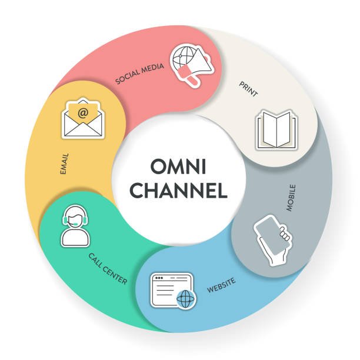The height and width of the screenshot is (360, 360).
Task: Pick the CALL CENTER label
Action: (x=108, y=268)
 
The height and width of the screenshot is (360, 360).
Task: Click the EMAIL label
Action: (x=64, y=165)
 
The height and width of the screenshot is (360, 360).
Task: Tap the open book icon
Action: (x=276, y=130)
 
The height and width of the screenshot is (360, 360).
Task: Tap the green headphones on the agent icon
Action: (x=75, y=219)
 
